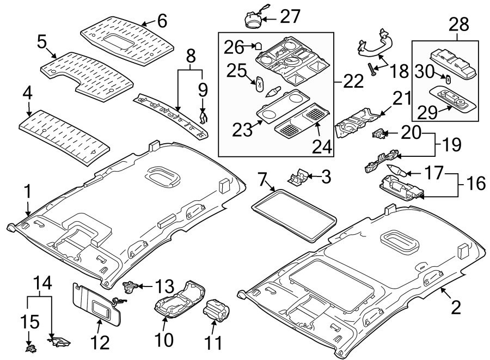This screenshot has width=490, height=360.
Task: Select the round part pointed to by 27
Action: [253, 19]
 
